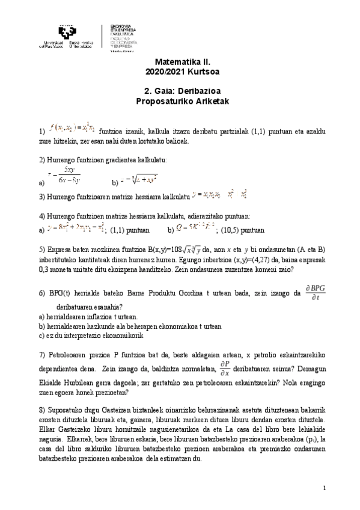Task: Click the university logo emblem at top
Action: pos(69,31)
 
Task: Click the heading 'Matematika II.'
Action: pos(180,61)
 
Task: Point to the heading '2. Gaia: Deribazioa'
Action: pos(180,91)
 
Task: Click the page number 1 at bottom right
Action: pos(324,487)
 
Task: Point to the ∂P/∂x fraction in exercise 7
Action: pos(224,367)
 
